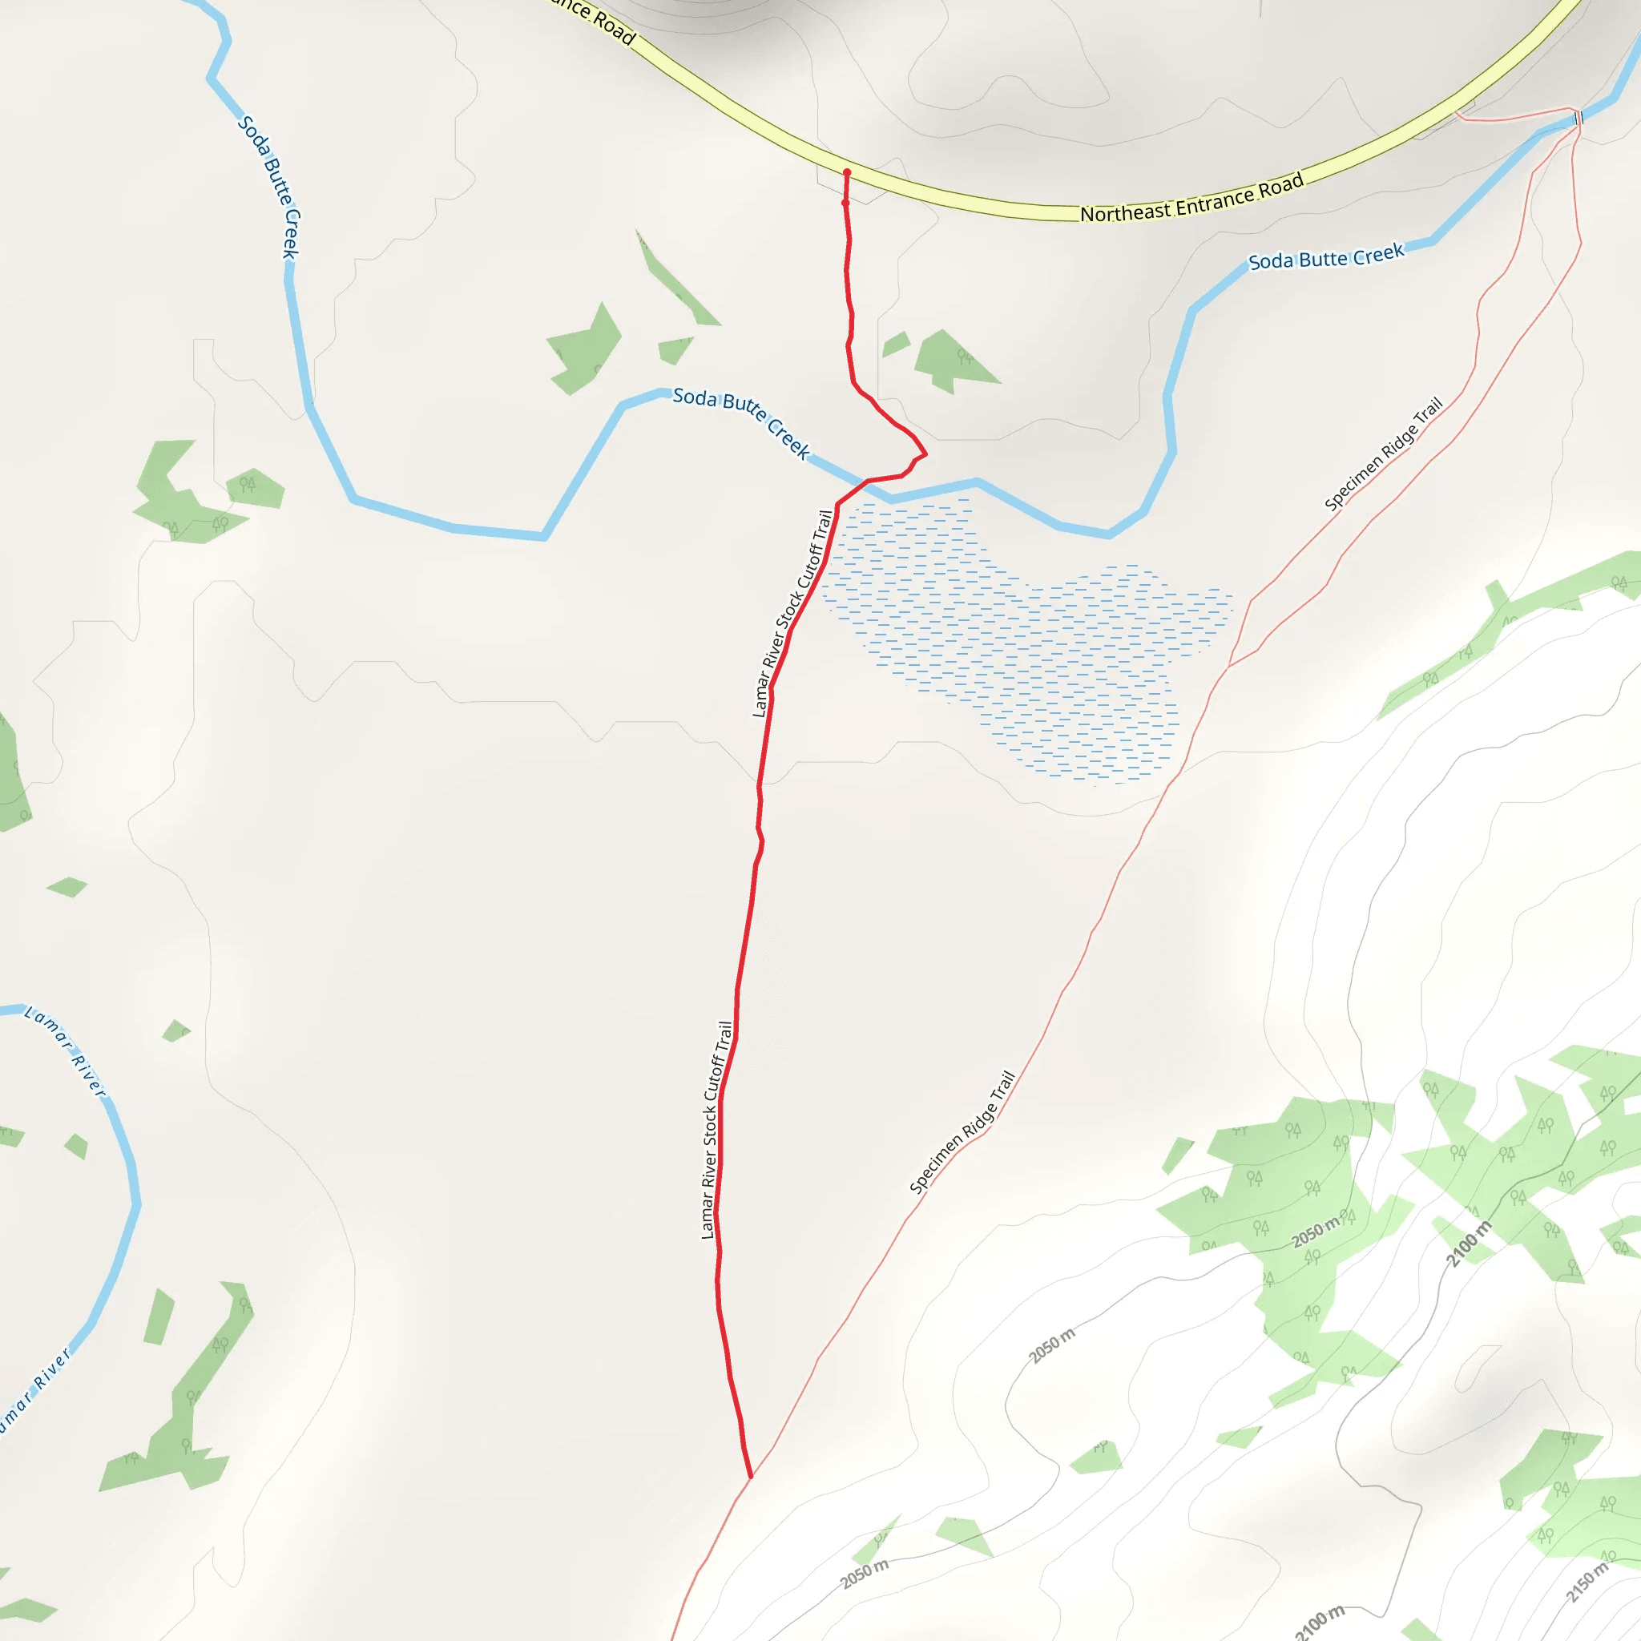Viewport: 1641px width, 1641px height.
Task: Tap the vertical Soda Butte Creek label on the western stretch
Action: (x=269, y=187)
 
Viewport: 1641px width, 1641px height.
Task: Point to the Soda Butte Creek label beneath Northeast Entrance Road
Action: (x=1326, y=256)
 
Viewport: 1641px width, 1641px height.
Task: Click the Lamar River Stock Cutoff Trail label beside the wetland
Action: (x=791, y=613)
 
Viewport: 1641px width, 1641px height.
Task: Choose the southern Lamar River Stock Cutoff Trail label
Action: (x=716, y=1130)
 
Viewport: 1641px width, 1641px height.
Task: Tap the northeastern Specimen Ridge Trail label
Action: (x=1383, y=454)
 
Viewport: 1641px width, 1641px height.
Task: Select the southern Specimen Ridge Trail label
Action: (x=962, y=1132)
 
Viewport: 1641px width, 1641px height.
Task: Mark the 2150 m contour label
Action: (x=1587, y=1582)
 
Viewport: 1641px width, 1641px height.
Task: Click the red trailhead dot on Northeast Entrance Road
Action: (x=847, y=172)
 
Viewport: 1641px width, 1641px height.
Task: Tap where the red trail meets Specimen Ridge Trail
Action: (x=751, y=1477)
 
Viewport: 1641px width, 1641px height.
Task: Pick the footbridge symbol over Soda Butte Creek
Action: (x=1579, y=117)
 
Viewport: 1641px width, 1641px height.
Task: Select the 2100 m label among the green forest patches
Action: (x=1469, y=1244)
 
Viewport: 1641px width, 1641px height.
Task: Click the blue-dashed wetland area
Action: (x=1019, y=646)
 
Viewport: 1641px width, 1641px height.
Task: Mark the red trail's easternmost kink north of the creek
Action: (x=925, y=454)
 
